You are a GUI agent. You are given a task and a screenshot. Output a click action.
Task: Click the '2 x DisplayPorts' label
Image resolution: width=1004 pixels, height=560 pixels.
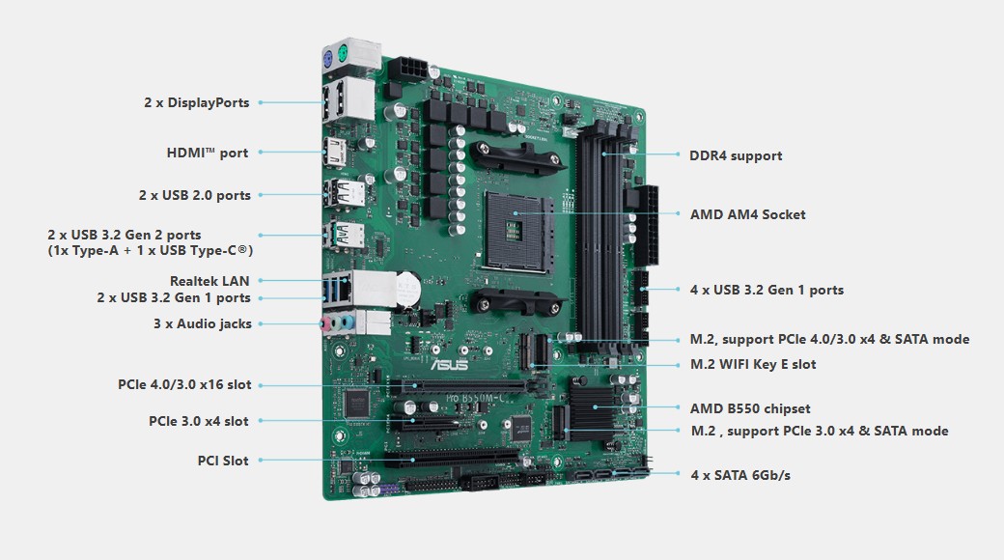pos(197,102)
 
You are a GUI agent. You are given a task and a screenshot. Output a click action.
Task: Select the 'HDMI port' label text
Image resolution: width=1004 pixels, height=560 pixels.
pos(207,153)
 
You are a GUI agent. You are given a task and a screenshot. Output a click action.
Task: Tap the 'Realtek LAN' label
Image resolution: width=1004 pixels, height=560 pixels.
pos(209,281)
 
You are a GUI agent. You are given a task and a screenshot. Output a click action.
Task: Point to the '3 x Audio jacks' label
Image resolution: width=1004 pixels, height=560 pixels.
pos(203,323)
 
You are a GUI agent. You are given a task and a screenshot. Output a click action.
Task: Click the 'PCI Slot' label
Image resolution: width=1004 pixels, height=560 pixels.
pos(223,460)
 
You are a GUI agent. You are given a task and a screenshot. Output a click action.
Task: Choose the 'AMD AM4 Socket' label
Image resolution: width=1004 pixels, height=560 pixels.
pos(747,214)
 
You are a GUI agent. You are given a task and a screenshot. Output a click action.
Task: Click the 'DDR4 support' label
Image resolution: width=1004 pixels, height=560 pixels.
pos(736,155)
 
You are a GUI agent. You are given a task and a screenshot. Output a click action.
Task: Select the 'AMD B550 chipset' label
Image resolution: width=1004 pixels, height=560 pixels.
pos(750,408)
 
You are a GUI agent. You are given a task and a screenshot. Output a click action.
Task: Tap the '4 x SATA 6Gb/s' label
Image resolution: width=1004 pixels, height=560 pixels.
pos(740,475)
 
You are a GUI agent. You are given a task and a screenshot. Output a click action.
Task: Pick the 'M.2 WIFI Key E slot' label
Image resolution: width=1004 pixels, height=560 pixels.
pos(753,365)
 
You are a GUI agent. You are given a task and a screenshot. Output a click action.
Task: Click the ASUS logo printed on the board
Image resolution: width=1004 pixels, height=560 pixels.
pos(449,364)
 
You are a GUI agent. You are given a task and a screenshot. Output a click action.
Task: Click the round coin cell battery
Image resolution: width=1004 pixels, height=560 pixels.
pos(406,289)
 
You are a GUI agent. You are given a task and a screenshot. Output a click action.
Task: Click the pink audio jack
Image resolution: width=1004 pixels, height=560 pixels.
pos(326,323)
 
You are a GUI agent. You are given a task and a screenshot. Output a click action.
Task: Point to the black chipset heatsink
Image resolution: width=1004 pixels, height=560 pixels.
pos(593,408)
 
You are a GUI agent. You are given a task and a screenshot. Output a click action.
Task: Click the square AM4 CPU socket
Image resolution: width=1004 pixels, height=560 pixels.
pos(518,232)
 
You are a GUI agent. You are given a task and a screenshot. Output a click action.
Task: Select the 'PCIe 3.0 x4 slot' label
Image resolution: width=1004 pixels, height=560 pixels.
pos(199,421)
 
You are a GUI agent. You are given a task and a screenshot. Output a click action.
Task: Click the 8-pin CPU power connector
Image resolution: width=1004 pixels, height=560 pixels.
pos(407,68)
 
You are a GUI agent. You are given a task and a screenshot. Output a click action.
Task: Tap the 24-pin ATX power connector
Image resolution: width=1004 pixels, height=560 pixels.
pos(647,226)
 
